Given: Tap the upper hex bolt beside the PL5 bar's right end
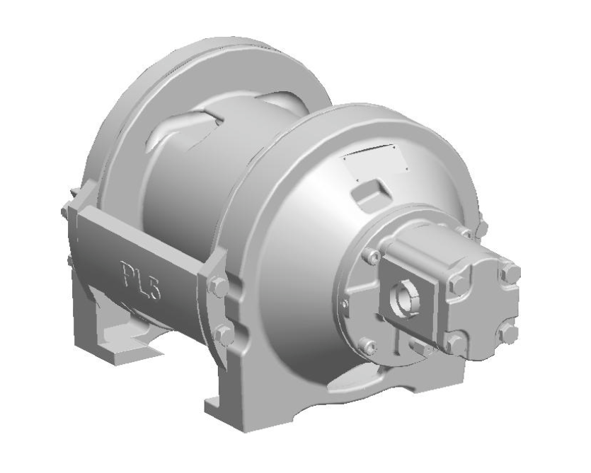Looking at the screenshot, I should (x=219, y=287).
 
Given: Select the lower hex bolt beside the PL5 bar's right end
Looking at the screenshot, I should (x=225, y=335).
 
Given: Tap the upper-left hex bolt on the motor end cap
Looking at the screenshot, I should (x=458, y=284).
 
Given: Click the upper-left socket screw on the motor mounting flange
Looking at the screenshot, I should (x=370, y=257).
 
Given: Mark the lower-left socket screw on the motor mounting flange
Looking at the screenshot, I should (x=367, y=345).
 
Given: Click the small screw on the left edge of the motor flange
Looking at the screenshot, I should (x=344, y=303).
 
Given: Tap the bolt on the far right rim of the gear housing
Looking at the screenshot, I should (x=481, y=228).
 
